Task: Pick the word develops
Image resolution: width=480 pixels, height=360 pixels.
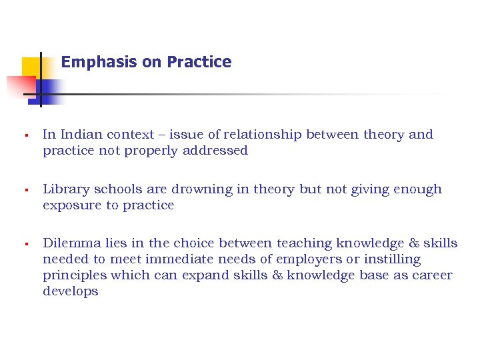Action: coord(70,291)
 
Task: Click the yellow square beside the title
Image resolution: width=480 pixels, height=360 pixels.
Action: coord(31,67)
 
